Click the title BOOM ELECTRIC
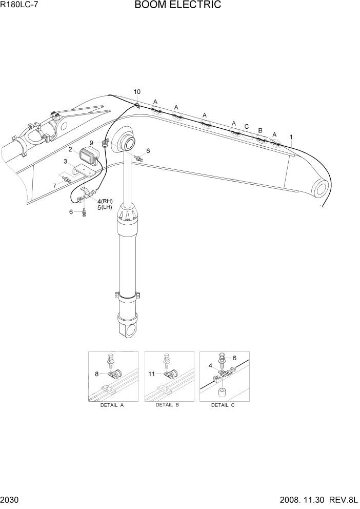178,6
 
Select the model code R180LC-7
19,6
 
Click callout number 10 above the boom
137,92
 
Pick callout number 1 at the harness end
291,137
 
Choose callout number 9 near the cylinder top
91,143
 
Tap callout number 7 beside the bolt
55,185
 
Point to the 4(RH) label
105,201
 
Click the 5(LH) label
105,207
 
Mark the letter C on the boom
246,127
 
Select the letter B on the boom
260,130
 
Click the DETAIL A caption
112,405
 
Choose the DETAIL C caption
223,405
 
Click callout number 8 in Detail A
96,374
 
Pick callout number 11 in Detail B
151,374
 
